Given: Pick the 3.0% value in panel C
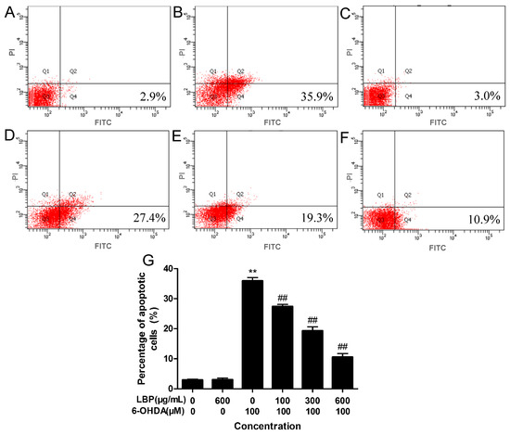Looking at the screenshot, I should pos(474,96).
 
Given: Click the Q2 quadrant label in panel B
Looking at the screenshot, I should pos(239,71).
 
